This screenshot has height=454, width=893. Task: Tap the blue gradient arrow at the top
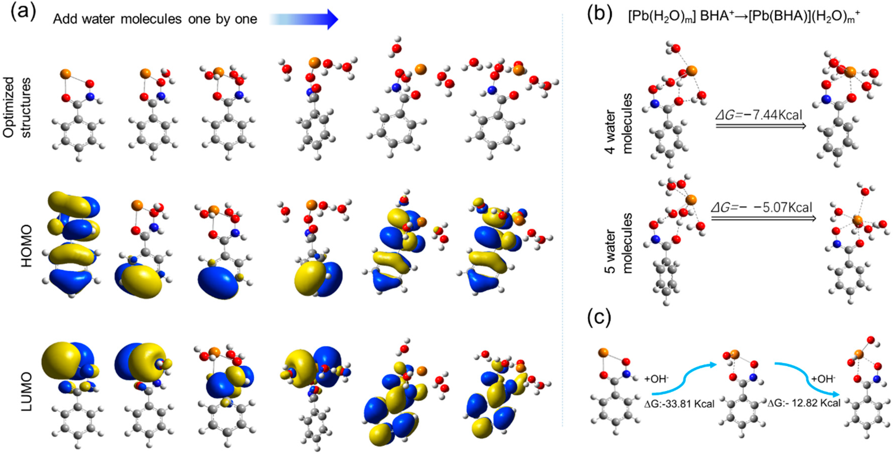pos(303,19)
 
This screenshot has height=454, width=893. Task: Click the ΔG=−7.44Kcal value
pos(759,114)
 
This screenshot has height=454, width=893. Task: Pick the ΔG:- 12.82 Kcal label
pos(803,403)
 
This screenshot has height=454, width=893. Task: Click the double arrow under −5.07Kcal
pos(763,218)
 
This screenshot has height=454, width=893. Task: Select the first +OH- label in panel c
pos(656,379)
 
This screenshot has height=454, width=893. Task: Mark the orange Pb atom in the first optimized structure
pos(65,74)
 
